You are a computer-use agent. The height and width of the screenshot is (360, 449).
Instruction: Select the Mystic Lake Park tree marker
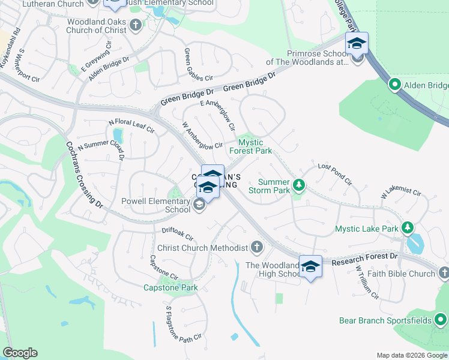tap(408, 227)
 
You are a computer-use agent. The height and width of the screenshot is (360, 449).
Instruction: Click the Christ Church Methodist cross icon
tap(256, 247)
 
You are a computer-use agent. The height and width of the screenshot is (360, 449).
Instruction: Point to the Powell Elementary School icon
tap(199, 206)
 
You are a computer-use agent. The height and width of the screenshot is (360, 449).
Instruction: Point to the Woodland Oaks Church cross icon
tap(136, 25)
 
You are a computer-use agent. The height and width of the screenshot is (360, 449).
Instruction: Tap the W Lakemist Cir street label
tap(401, 194)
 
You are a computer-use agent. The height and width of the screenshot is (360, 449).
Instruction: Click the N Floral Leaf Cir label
tap(131, 126)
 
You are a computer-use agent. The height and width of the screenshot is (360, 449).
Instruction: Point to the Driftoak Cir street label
tap(177, 233)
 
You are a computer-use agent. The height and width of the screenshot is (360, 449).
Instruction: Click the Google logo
tap(20, 353)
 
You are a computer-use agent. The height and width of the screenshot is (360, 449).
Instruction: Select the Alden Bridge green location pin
tap(394, 85)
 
